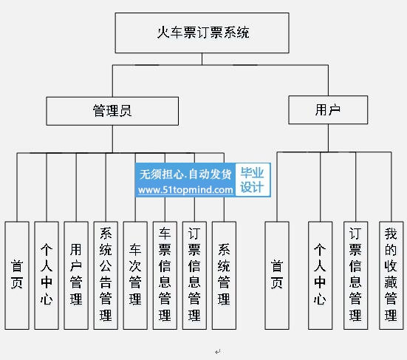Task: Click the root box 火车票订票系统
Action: (x=202, y=33)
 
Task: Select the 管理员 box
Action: (x=112, y=111)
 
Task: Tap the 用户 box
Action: (x=328, y=110)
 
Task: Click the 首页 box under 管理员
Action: (x=17, y=275)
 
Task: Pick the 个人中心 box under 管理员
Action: (x=47, y=275)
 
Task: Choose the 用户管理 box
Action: (x=76, y=275)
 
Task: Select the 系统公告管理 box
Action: (x=106, y=275)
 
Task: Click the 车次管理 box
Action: (x=135, y=275)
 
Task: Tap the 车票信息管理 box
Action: (x=165, y=275)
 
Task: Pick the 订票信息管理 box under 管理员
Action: (x=194, y=275)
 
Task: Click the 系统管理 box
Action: (x=224, y=275)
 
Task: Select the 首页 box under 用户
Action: (x=277, y=275)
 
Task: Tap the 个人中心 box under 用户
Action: (x=321, y=275)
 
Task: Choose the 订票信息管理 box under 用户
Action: (x=356, y=275)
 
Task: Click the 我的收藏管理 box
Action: (x=391, y=275)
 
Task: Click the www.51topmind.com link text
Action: (x=185, y=190)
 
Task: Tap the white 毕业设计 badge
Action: (x=253, y=180)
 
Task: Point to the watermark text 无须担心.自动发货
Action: (x=185, y=174)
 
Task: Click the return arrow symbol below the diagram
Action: (x=217, y=352)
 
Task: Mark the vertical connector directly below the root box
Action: (x=202, y=59)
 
